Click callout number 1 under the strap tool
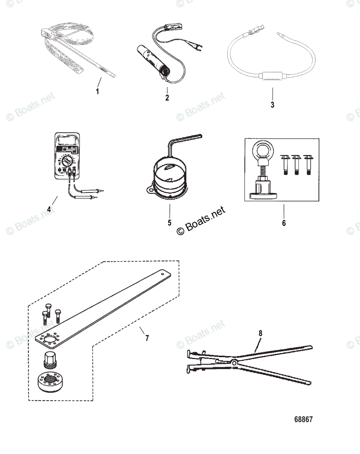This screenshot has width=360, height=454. (97, 91)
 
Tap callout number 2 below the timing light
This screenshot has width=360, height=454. (167, 98)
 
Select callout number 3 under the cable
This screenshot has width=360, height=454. (272, 105)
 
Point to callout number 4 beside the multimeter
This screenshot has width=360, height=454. (48, 208)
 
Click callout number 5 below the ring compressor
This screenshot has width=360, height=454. (169, 222)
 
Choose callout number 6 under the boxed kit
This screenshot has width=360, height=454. (284, 223)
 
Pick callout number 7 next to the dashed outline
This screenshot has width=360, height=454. (147, 338)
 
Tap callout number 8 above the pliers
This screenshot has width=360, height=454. (260, 333)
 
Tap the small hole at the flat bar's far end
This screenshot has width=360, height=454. (163, 271)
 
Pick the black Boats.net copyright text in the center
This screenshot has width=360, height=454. (200, 221)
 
